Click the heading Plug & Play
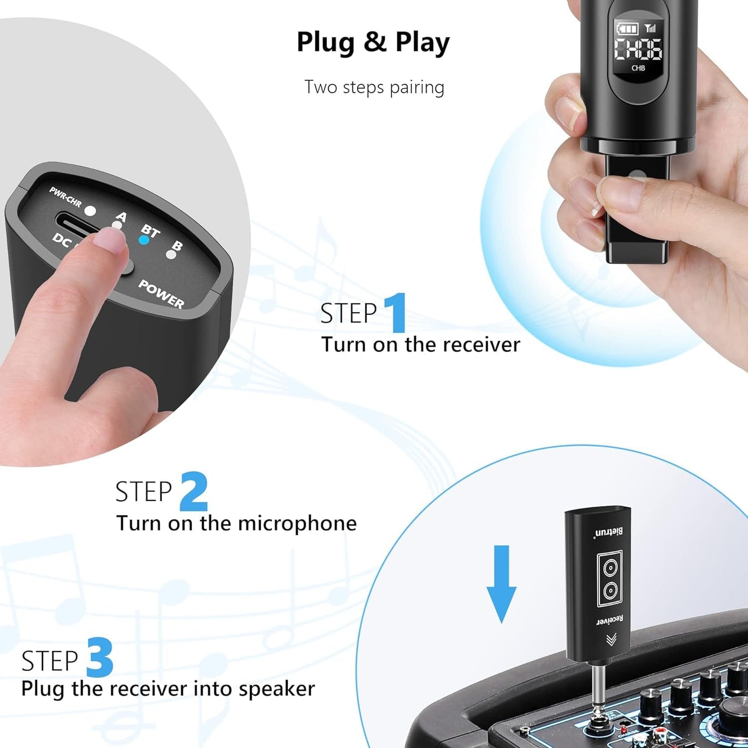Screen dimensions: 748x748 coord(373,42)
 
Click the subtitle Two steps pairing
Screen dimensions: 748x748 coord(374,87)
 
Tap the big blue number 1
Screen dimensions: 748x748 coord(396,313)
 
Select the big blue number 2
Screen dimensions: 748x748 coord(194,491)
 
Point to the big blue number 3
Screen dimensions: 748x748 coord(100,657)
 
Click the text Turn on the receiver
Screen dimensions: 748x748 coord(420,345)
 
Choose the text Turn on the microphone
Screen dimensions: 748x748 coord(236,523)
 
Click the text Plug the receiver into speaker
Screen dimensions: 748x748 coord(168,689)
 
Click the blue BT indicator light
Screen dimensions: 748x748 coord(144,240)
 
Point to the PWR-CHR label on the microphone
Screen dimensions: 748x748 coord(65,197)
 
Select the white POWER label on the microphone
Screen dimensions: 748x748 coord(161,294)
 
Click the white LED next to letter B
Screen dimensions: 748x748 coord(170,254)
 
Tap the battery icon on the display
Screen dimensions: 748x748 coord(627,28)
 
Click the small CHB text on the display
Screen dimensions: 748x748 coord(638,68)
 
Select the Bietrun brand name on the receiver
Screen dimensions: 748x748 coord(609,532)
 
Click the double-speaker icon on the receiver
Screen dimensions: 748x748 coord(609,579)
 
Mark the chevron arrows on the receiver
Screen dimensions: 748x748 coord(611,640)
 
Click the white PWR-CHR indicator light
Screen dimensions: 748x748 coord(91,211)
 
